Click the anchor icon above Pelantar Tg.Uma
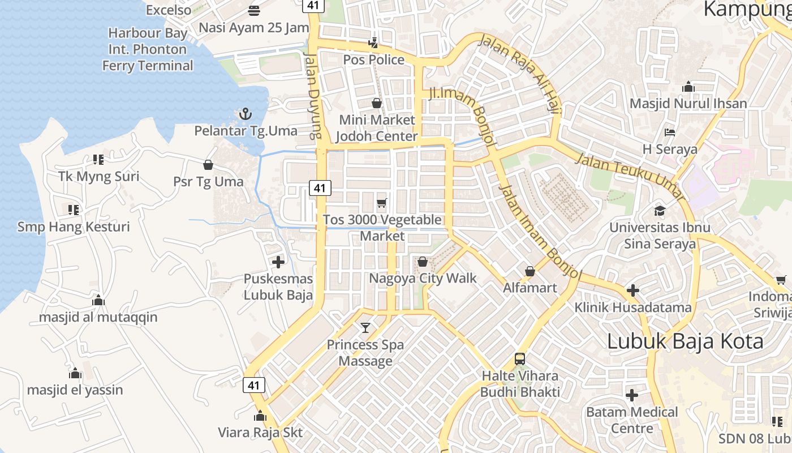245,114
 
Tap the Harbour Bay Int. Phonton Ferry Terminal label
148,49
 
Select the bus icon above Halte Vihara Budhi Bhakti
520,358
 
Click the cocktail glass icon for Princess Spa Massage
365,327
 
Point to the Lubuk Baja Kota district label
685,341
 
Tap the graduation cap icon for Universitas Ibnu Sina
660,211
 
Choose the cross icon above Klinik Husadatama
633,290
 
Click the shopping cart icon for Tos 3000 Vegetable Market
382,203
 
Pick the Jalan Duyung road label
312,96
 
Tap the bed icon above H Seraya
670,133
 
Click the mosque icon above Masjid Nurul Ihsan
688,87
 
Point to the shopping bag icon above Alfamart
530,271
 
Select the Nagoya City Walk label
423,279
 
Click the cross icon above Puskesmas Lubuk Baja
278,262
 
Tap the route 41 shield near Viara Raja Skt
254,386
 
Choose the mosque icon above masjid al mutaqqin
98,300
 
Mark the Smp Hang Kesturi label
74,227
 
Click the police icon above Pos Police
373,42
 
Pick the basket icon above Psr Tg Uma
208,165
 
